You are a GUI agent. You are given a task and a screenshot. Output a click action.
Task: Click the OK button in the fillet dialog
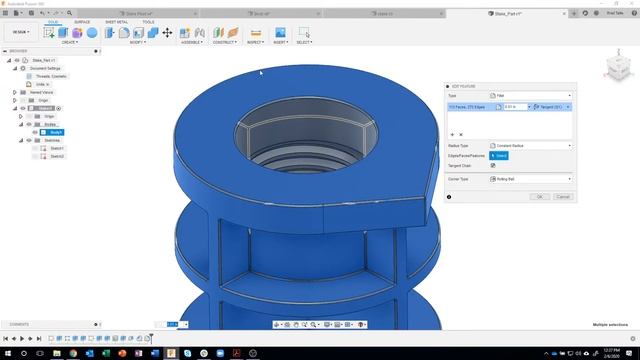tap(539, 197)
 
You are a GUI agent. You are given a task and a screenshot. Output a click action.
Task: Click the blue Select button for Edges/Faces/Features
tap(500, 156)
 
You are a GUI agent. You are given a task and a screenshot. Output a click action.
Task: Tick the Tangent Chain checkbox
tap(492, 166)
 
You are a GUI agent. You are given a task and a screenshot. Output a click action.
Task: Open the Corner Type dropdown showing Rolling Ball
tap(530, 178)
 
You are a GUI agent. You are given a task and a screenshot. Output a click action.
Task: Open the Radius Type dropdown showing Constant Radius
tap(530, 145)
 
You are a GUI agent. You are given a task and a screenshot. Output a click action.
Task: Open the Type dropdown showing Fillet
tap(530, 95)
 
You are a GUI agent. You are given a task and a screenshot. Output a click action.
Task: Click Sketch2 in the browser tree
tap(57, 156)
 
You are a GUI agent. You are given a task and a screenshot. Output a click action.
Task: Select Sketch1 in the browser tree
tap(57, 148)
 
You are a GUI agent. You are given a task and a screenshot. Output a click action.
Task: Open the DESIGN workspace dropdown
tap(20, 32)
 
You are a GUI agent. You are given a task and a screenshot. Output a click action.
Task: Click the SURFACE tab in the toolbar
tap(82, 21)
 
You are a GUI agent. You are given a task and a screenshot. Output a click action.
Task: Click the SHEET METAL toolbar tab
tap(116, 21)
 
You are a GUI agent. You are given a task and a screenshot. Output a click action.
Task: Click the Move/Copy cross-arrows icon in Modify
tap(167, 33)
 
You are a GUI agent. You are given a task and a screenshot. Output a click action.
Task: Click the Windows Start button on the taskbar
tap(6, 353)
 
